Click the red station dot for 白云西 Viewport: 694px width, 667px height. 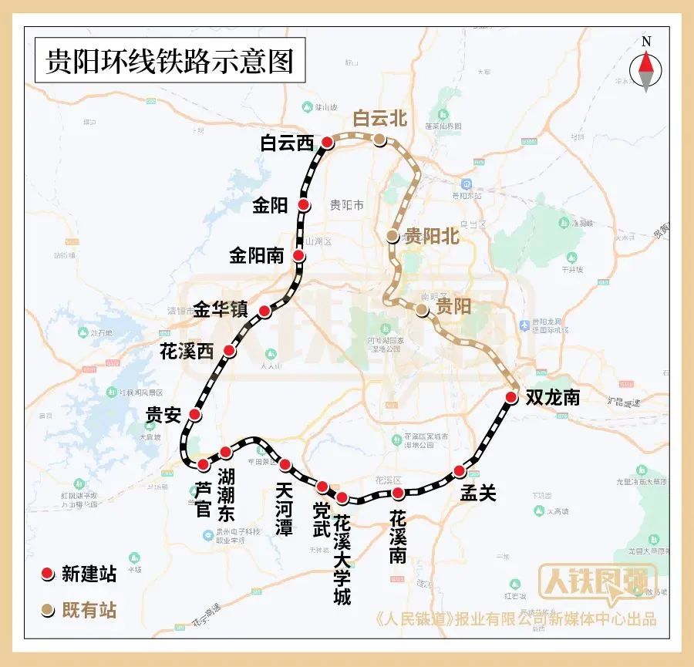[x=328, y=142]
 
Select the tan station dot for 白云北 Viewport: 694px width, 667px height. [x=380, y=139]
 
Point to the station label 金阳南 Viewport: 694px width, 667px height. [x=257, y=255]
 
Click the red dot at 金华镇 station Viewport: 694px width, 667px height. [x=264, y=312]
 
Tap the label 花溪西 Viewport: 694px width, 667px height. [x=186, y=351]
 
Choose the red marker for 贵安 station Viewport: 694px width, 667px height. [x=195, y=415]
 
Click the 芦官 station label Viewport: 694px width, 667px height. [x=203, y=498]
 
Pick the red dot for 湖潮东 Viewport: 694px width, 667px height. [x=225, y=452]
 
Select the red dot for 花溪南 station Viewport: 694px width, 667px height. [x=398, y=493]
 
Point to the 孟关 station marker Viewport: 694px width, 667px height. [x=460, y=471]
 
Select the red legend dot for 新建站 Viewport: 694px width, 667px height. [x=47, y=573]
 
